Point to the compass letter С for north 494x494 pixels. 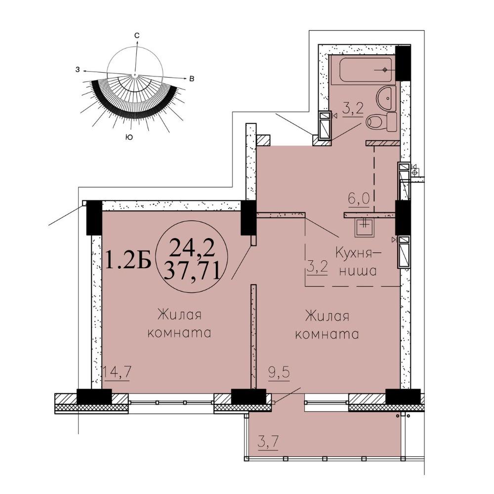pos(137,36)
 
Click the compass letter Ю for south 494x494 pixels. pos(128,137)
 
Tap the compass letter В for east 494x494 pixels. pos(191,79)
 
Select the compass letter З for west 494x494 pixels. pos(78,70)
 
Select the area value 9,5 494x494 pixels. pos(279,373)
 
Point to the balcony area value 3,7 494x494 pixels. pos(268,442)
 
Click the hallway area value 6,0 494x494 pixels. pos(359,199)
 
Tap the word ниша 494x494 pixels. pos(358,271)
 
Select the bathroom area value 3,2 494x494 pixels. pos(353,109)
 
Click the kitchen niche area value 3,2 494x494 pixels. pos(317,268)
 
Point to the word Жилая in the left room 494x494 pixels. pos(179,315)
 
